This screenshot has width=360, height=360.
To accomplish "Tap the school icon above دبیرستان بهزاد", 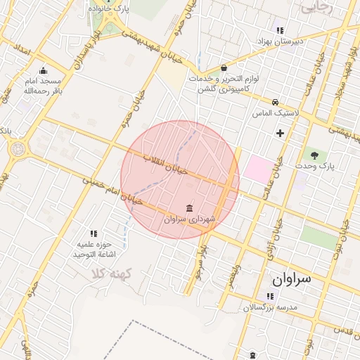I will [x=280, y=30].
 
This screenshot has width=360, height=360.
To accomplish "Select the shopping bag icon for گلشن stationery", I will [x=224, y=68].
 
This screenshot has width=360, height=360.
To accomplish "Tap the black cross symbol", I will [x=280, y=132].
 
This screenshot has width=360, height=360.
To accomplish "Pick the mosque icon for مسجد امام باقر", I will [x=44, y=70].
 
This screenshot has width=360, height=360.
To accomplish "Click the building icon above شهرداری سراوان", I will [x=189, y=207].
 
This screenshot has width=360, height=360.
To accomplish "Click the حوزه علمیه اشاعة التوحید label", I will [x=94, y=248].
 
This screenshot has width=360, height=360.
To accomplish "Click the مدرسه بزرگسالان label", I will [x=271, y=308].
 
